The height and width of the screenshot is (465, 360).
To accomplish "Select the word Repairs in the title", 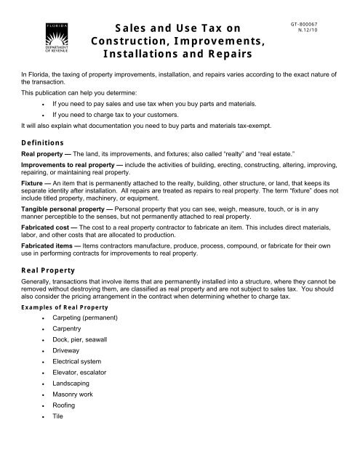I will [223, 54].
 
